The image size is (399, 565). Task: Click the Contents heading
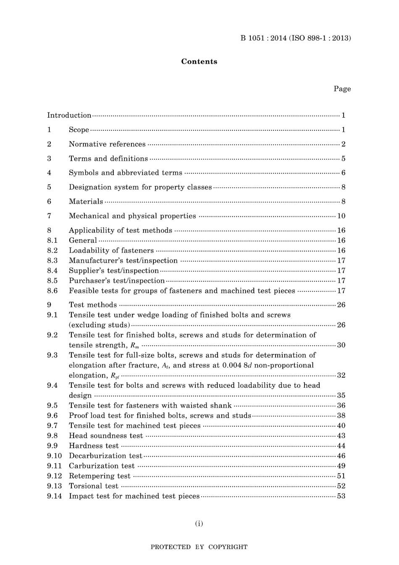(x=199, y=61)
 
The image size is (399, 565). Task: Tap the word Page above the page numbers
(x=342, y=89)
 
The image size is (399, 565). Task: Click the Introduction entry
(x=69, y=115)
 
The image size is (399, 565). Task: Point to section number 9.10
(x=54, y=456)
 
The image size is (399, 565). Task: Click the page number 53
(x=341, y=496)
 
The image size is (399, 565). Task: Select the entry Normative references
(x=107, y=144)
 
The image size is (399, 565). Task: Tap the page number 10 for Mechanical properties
(x=341, y=216)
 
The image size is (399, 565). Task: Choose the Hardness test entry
(x=94, y=446)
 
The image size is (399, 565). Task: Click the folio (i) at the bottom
(x=199, y=523)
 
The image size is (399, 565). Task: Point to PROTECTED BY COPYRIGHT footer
(x=199, y=547)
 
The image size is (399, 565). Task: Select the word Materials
(x=86, y=202)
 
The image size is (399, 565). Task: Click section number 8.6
(x=52, y=291)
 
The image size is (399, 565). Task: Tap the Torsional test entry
(x=94, y=486)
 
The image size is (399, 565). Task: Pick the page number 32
(x=341, y=375)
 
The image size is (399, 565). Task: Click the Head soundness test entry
(x=106, y=436)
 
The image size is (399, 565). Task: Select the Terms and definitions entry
(x=108, y=158)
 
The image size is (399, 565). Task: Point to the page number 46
(x=341, y=456)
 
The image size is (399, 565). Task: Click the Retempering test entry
(x=100, y=476)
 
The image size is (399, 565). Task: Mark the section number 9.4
(x=52, y=385)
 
